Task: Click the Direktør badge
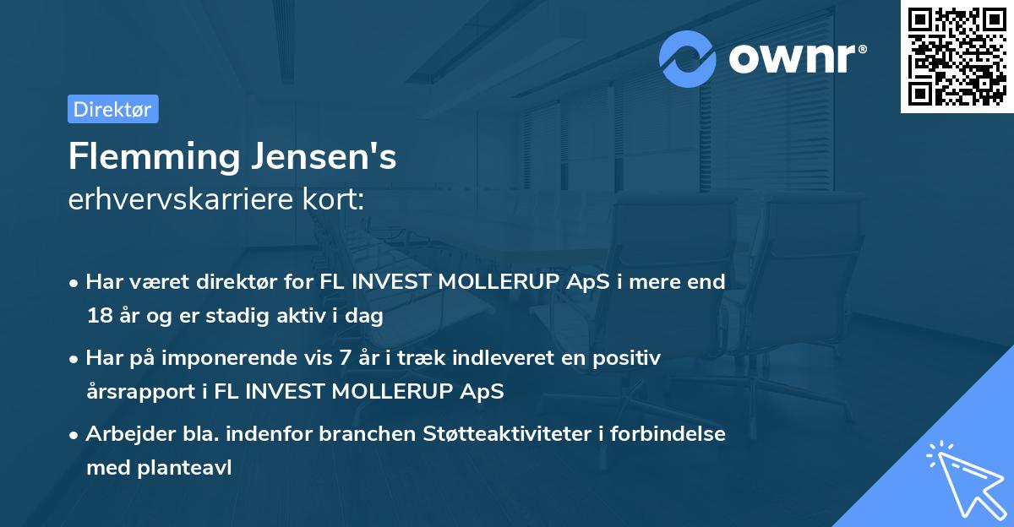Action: (x=112, y=109)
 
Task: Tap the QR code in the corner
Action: (x=957, y=56)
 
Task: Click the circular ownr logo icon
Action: (x=688, y=58)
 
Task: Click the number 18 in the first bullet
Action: (x=98, y=317)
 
